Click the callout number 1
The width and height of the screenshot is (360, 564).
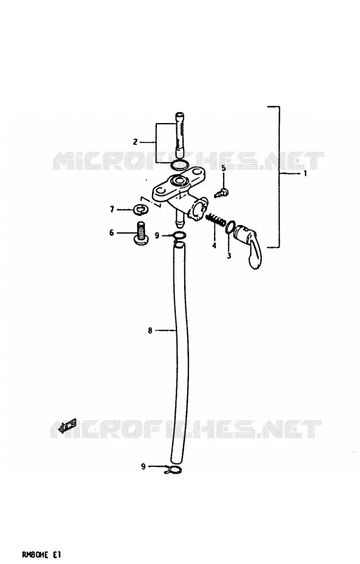click(x=305, y=173)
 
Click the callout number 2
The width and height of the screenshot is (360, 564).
click(x=135, y=142)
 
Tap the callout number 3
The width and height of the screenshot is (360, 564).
click(x=228, y=256)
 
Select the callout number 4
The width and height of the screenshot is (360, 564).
click(x=214, y=246)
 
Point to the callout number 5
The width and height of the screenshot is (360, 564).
click(x=223, y=168)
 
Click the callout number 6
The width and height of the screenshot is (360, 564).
click(x=112, y=233)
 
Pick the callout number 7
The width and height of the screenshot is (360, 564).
click(x=112, y=209)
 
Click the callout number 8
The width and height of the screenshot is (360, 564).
click(x=150, y=330)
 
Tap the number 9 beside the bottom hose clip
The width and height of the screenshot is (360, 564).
click(x=143, y=466)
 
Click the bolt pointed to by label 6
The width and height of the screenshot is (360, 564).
click(x=139, y=233)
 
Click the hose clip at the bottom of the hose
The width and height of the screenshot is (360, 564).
click(x=173, y=469)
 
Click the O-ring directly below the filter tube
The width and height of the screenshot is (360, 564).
click(x=179, y=165)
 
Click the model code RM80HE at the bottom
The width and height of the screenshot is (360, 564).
click(x=34, y=556)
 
